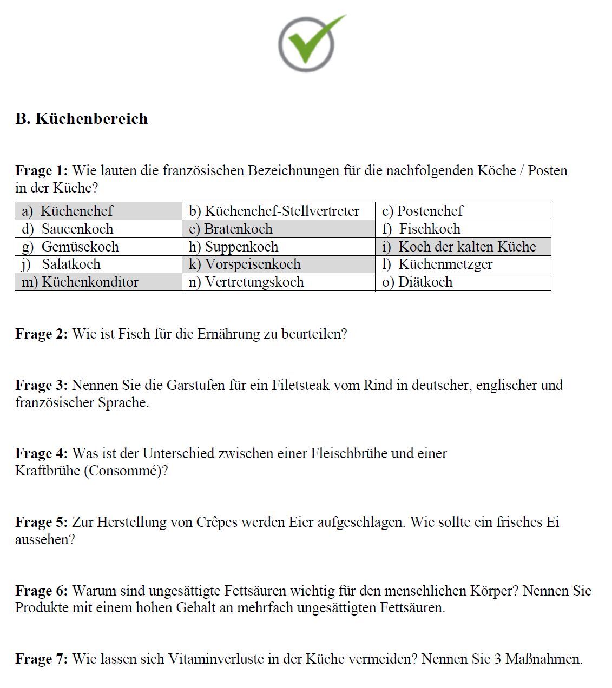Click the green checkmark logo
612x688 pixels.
[x=308, y=43]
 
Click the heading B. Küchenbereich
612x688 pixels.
[x=82, y=118]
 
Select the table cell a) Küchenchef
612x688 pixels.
[x=98, y=211]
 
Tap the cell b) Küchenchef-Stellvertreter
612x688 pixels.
[x=278, y=211]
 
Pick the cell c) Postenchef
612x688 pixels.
[x=463, y=211]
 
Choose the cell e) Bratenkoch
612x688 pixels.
[x=278, y=229]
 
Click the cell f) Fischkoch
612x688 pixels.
[x=463, y=229]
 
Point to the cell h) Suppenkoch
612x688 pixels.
[x=278, y=247]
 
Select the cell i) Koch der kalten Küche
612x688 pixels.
[x=463, y=247]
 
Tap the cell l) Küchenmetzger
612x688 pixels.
[x=463, y=264]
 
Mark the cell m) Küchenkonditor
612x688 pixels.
[x=98, y=282]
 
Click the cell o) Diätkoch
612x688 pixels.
[x=463, y=282]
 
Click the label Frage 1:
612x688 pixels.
[x=42, y=170]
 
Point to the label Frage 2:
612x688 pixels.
[x=42, y=334]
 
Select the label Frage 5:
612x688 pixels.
[x=42, y=522]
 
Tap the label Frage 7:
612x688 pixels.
[x=42, y=659]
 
